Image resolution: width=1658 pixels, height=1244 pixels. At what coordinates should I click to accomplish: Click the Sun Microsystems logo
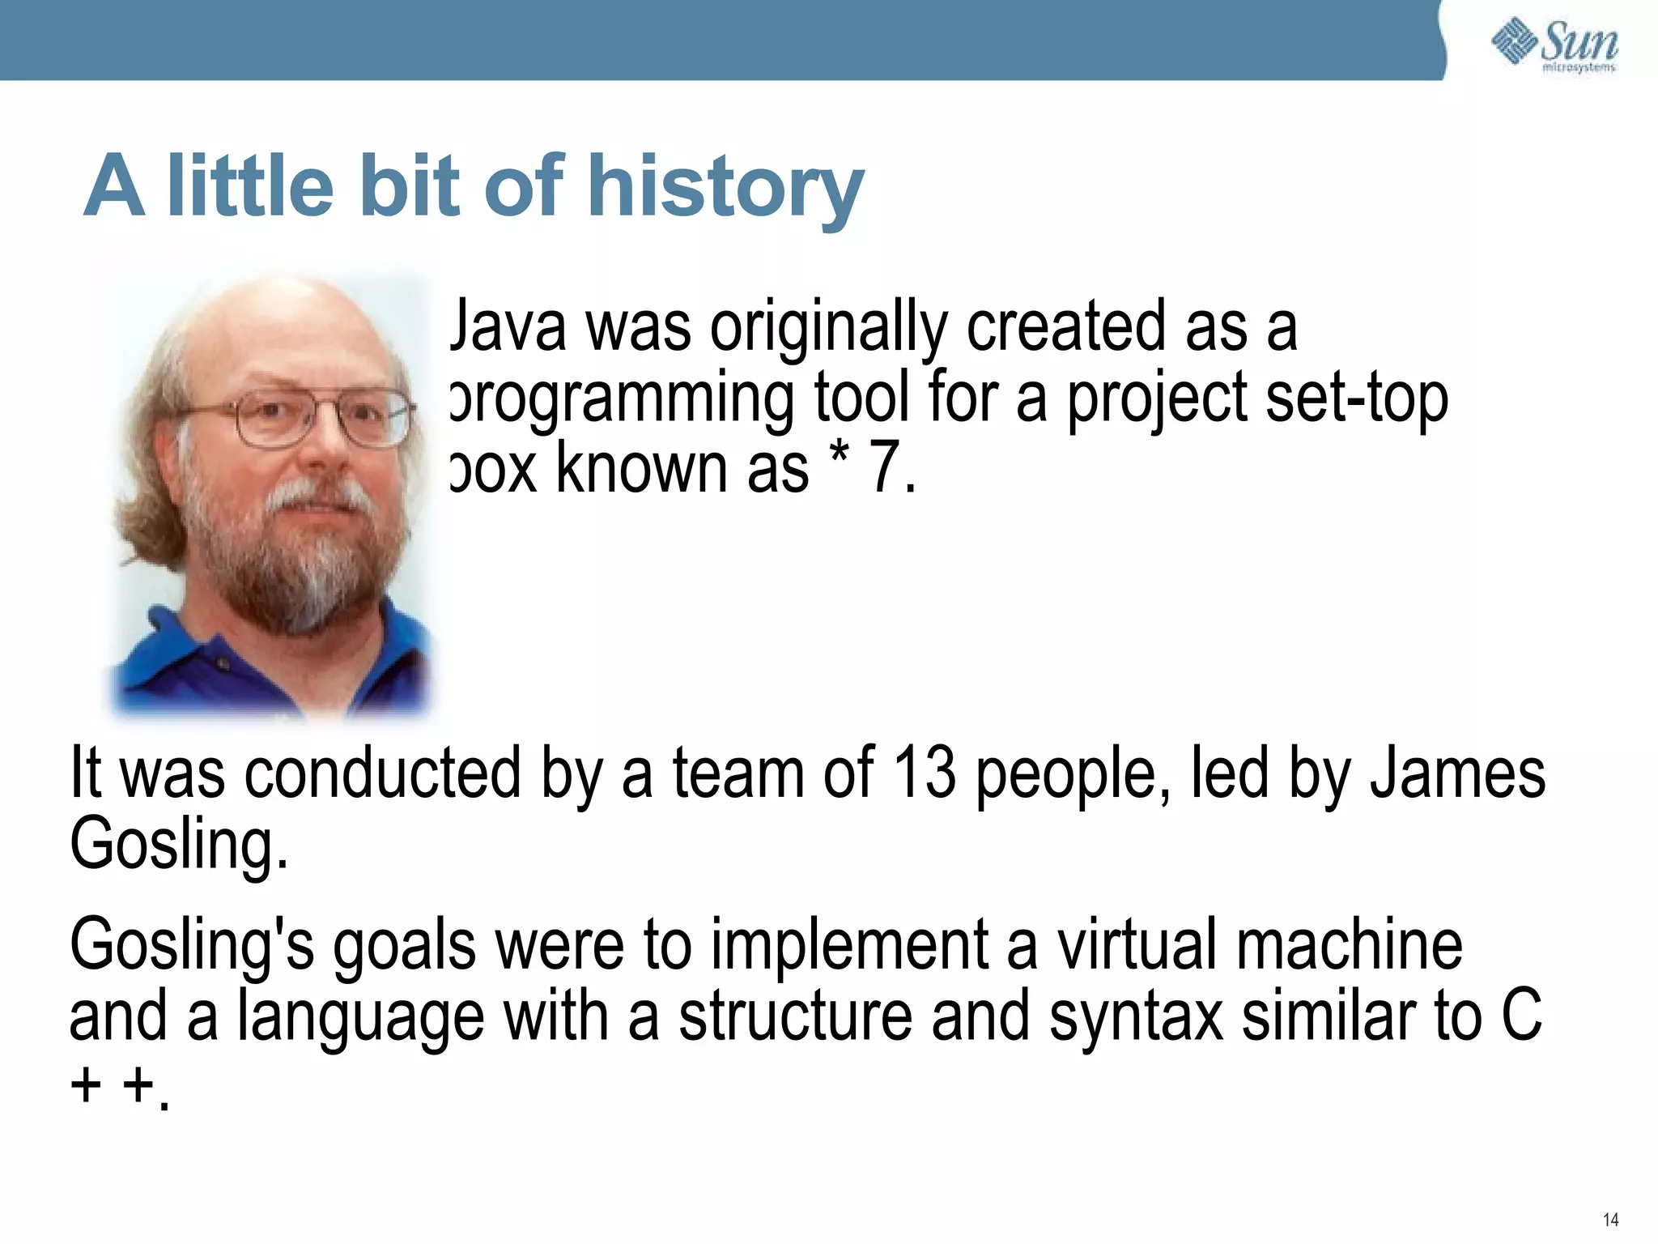[x=1554, y=45]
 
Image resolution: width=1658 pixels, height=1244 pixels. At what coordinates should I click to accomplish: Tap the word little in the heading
[x=250, y=188]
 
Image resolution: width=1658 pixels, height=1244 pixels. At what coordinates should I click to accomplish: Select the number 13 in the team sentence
[x=925, y=773]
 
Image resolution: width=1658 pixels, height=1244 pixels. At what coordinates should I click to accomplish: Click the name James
[x=1457, y=773]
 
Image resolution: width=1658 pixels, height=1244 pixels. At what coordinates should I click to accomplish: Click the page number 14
[x=1609, y=1219]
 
